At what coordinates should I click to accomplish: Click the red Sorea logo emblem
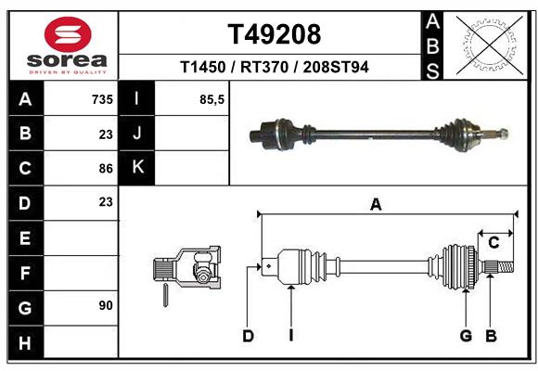coord(68,35)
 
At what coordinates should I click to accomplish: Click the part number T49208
coord(275,34)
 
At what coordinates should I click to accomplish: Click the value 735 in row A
coord(101,99)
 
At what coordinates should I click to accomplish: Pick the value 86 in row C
coord(105,168)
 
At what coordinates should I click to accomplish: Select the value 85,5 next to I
coord(212,99)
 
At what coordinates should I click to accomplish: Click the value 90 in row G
coord(105,305)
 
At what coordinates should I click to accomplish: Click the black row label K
coord(137,168)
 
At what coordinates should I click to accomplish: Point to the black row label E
coord(25,237)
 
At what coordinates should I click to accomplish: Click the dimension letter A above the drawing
coord(376,205)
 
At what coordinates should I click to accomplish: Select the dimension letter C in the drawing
coord(494,242)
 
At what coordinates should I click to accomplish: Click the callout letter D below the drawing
coord(248,336)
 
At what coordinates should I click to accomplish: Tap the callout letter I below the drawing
coord(290,336)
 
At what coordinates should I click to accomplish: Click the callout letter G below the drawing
coord(466,336)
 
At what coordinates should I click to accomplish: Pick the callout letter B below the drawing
coord(492,336)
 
